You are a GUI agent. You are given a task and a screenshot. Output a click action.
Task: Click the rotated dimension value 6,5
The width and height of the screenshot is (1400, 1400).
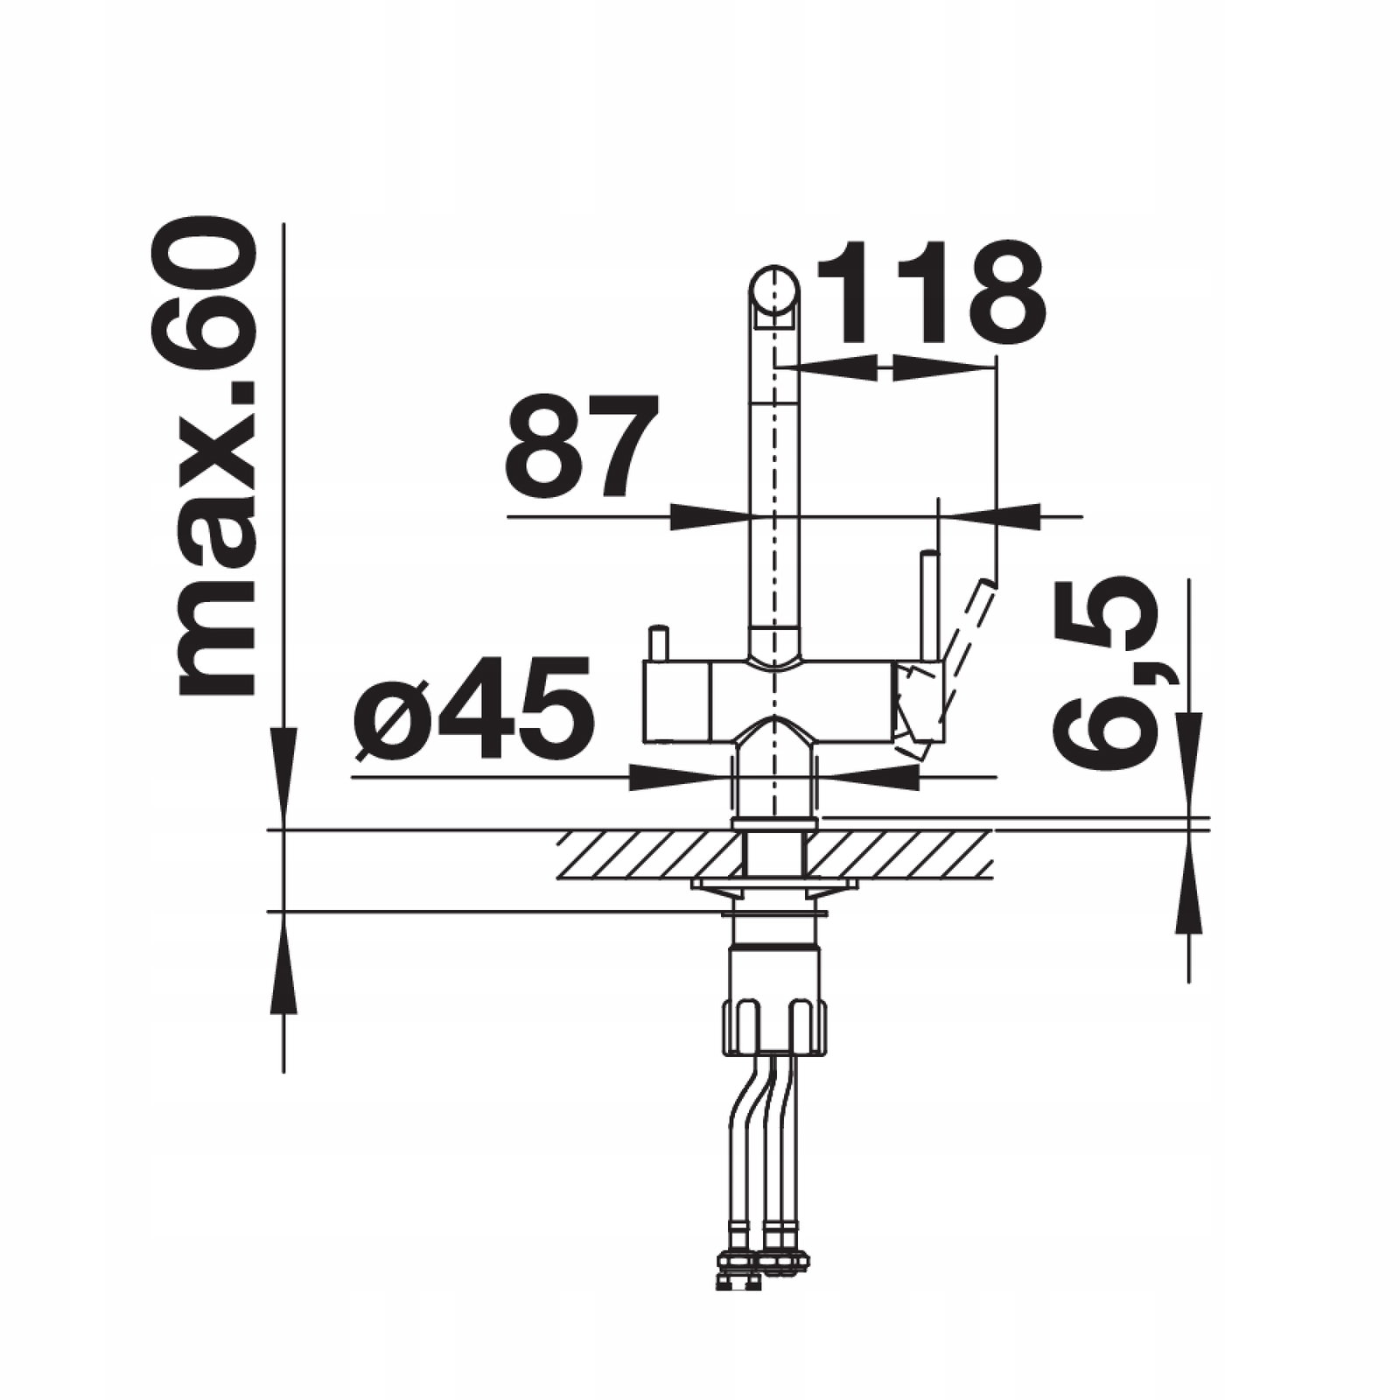(1104, 674)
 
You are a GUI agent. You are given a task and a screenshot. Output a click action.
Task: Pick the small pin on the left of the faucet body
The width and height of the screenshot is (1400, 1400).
(657, 644)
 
